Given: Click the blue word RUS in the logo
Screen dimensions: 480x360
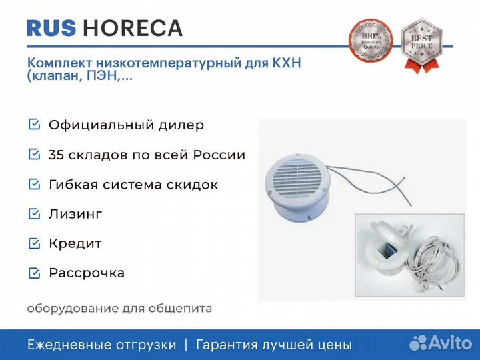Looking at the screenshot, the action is coord(51,28).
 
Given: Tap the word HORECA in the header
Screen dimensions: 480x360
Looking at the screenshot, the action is coord(133,28).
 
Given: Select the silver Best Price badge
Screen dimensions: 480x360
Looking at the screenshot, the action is coord(421,45).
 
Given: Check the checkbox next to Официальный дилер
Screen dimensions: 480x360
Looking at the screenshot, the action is coord(34,124).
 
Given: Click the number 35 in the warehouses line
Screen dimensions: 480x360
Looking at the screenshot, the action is coord(55,155).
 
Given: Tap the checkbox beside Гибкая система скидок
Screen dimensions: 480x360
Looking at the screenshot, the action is coord(34,184).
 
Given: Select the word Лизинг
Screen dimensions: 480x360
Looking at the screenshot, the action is coord(75,214).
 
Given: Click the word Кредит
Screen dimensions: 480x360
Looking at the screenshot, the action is coord(75,244).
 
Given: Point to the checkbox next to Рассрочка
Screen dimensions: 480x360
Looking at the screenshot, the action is coord(34,273).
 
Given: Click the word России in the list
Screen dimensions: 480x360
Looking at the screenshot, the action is coord(219,155).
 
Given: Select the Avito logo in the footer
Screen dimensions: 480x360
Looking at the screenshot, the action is coord(441,343).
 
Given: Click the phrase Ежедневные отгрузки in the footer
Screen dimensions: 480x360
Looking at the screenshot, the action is coord(101,345).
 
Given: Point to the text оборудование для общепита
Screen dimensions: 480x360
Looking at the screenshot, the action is coord(119,308).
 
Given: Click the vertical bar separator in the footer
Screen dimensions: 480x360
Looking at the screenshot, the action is coord(186,345).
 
